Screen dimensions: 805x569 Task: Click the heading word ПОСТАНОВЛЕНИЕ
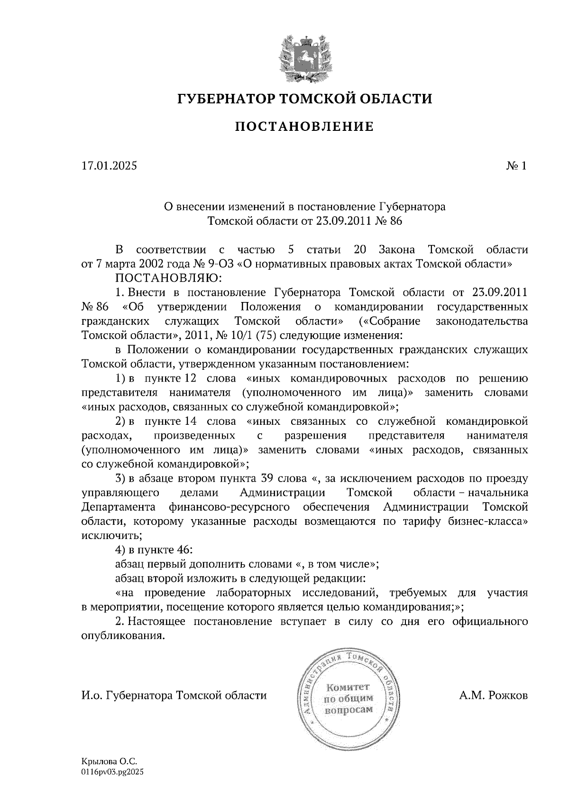pyautogui.click(x=305, y=127)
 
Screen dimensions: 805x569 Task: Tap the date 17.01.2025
pyautogui.click(x=109, y=166)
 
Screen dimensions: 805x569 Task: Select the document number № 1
pyautogui.click(x=516, y=166)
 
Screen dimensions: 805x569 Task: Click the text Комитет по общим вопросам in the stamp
pyautogui.click(x=349, y=698)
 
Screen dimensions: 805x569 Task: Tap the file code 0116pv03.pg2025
pyautogui.click(x=112, y=772)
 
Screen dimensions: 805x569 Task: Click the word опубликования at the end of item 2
pyautogui.click(x=124, y=635)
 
